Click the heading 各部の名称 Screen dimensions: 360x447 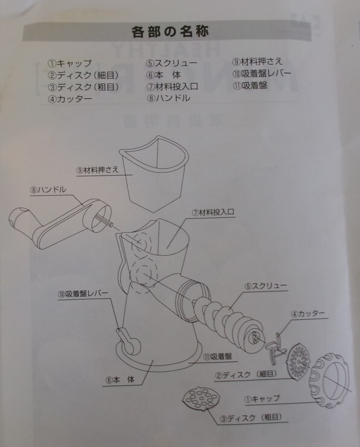click(x=170, y=31)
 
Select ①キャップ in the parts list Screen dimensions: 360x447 click(x=70, y=63)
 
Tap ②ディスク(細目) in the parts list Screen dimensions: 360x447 click(x=83, y=75)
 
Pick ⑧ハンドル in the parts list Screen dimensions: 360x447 click(x=168, y=98)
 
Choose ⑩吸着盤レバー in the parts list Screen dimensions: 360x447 click(x=262, y=74)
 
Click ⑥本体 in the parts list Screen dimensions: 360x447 click(x=163, y=75)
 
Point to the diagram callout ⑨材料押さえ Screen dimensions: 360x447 click(x=97, y=170)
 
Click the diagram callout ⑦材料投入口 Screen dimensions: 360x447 click(x=213, y=212)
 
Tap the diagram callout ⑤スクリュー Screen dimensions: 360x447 click(x=266, y=286)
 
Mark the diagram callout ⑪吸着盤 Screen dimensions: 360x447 click(x=218, y=357)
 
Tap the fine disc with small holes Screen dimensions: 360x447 click(x=297, y=361)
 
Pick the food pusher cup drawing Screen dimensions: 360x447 click(x=154, y=174)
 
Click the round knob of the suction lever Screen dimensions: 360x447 click(x=133, y=346)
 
